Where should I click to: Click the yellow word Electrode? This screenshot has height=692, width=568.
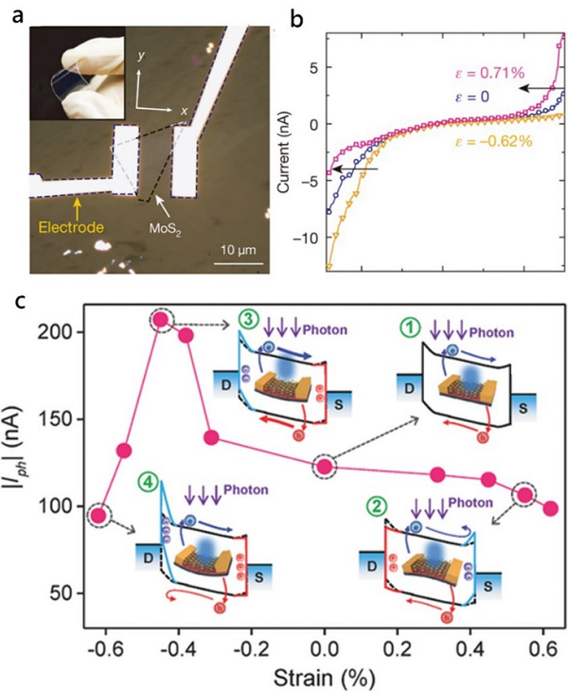pos(72,227)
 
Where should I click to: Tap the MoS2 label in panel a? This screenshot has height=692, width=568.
pos(166,229)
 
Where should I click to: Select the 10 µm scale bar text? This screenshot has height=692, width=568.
pos(239,251)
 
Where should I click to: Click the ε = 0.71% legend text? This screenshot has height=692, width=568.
pos(489,73)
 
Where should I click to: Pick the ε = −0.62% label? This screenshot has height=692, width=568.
pos(493,141)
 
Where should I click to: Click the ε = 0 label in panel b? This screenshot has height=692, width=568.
pos(472,97)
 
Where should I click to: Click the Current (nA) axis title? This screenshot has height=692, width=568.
pos(284,151)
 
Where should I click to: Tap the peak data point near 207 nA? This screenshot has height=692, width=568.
pos(162,320)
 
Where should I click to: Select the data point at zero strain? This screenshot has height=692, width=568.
pos(325,466)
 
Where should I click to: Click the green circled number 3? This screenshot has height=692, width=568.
pos(248,319)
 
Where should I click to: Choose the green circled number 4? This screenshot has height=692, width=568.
pos(150,482)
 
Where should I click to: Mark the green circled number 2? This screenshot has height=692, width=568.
pos(377,506)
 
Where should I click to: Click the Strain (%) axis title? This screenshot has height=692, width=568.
pos(324,677)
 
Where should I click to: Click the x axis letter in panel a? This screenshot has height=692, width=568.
pos(184,111)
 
